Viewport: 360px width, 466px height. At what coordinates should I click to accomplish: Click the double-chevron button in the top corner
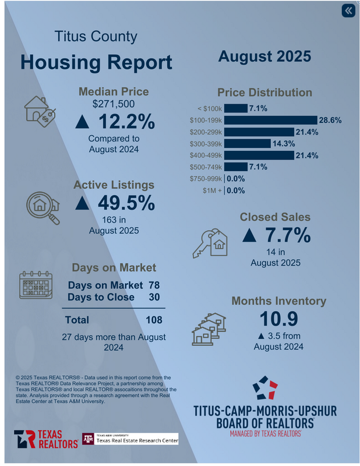pyautogui.click(x=348, y=11)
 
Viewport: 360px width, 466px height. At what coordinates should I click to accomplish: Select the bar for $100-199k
pyautogui.click(x=270, y=120)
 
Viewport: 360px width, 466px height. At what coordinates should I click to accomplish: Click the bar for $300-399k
pyautogui.click(x=247, y=143)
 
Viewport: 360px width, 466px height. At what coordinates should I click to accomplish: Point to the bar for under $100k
pyautogui.click(x=235, y=108)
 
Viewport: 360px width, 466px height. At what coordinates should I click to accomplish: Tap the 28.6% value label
pyautogui.click(x=330, y=120)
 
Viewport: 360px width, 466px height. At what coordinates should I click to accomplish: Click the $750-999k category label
pyautogui.click(x=206, y=179)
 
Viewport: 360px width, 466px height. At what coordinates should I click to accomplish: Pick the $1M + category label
pyautogui.click(x=212, y=190)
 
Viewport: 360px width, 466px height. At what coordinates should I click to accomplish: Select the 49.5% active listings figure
pyautogui.click(x=115, y=203)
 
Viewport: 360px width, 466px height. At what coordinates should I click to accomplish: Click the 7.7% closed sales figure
pyautogui.click(x=276, y=236)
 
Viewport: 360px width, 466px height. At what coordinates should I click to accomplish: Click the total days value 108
pyautogui.click(x=154, y=320)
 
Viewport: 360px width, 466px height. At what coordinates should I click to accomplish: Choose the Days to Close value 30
pyautogui.click(x=155, y=297)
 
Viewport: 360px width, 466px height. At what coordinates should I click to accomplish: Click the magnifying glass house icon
pyautogui.click(x=44, y=207)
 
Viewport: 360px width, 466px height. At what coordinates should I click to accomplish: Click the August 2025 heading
pyautogui.click(x=264, y=57)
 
